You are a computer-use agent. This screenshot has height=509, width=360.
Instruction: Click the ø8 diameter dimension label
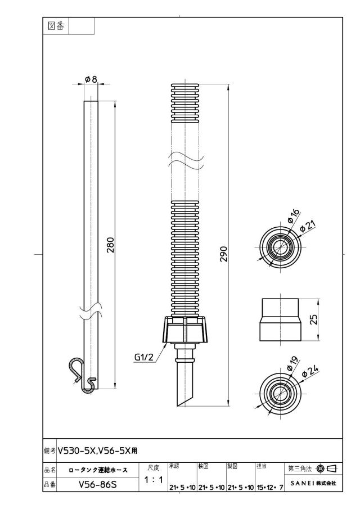pos(91,79)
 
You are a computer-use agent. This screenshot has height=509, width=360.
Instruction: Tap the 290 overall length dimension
pos(224,254)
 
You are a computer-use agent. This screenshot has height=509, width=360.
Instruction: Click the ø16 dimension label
pos(293,216)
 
